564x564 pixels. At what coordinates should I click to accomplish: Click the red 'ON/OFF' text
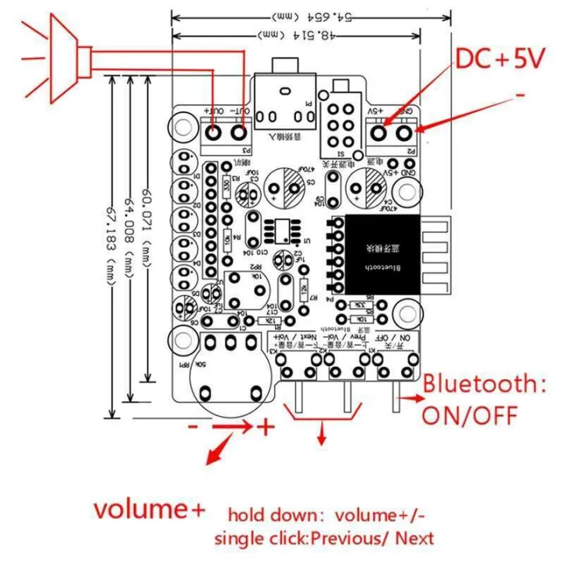tap(470, 414)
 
